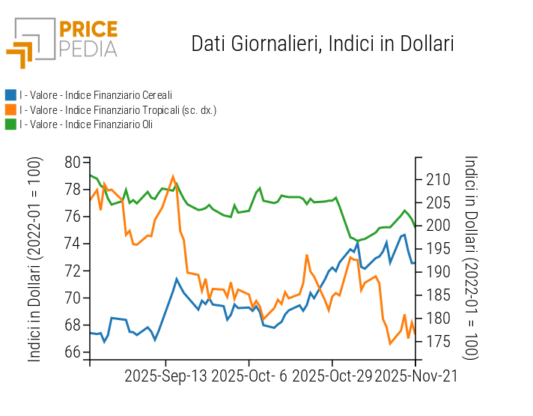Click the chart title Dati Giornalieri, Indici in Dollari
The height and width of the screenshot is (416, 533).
[323, 43]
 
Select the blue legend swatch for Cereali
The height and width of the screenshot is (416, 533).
[10, 95]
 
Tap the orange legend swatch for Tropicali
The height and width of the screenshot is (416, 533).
[10, 110]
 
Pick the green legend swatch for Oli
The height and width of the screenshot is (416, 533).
[10, 124]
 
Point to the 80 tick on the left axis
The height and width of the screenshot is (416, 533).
[73, 163]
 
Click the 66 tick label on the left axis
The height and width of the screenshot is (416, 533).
[73, 352]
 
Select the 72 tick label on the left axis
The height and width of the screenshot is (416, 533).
[73, 271]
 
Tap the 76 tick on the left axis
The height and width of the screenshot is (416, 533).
[73, 217]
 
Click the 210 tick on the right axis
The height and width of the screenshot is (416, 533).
[437, 179]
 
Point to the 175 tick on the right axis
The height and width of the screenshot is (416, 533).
[437, 342]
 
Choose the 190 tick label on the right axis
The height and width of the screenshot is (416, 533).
[437, 272]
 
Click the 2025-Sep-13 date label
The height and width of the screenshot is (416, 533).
[166, 376]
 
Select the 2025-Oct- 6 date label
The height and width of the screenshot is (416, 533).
[249, 376]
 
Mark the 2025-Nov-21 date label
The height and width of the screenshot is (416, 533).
[416, 376]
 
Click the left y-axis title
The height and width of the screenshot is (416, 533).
[34, 259]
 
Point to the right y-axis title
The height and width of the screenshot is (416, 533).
[471, 259]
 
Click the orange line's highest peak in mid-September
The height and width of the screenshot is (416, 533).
[173, 177]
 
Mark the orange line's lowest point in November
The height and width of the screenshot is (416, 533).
[390, 343]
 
